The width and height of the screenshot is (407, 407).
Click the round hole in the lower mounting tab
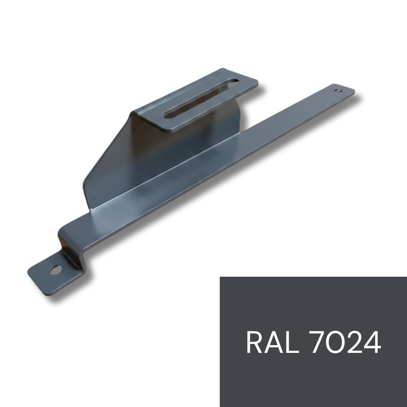[x=56, y=270]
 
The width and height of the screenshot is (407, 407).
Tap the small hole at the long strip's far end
[x=338, y=90]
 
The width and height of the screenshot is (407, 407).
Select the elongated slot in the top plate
[x=201, y=99]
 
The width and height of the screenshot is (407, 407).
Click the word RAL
[x=272, y=342]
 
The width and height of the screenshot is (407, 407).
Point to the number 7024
[x=346, y=342]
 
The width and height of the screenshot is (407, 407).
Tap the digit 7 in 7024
[x=318, y=342]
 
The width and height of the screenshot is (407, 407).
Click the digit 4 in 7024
[x=372, y=342]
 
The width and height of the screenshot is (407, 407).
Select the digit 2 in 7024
[x=354, y=342]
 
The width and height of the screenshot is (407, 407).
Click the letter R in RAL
[x=254, y=342]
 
